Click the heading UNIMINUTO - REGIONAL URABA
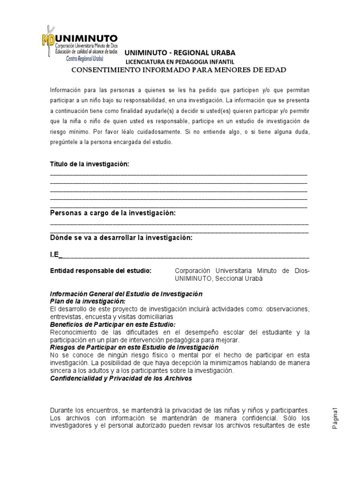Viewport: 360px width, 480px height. (x=180, y=53)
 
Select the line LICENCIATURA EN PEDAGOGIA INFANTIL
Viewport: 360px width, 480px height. (x=180, y=62)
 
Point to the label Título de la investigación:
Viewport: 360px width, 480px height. (x=89, y=164)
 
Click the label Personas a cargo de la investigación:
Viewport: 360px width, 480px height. (x=112, y=213)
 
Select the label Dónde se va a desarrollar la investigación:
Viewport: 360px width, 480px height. (x=121, y=238)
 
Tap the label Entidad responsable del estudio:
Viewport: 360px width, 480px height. (x=101, y=271)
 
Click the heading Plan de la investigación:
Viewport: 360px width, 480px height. (x=88, y=301)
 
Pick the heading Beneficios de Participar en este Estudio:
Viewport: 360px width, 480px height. (x=112, y=324)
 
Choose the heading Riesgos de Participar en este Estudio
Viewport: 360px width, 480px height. (x=134, y=347)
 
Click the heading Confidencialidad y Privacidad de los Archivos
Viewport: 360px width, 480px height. (x=121, y=378)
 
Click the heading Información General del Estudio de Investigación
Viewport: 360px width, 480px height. (x=126, y=294)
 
